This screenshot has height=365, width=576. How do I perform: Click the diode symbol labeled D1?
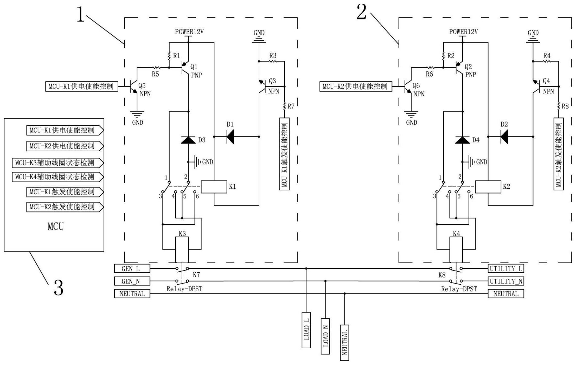pyautogui.click(x=230, y=137)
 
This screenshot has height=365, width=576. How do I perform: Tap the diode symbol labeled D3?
pyautogui.click(x=188, y=140)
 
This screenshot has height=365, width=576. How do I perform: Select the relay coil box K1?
pyautogui.click(x=214, y=187)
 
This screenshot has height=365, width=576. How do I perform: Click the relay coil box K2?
pyautogui.click(x=488, y=187)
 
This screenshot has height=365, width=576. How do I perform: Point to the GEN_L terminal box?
pyautogui.click(x=132, y=268)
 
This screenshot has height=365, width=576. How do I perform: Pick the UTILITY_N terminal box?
pyautogui.click(x=506, y=281)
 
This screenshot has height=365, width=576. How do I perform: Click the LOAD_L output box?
pyautogui.click(x=306, y=330)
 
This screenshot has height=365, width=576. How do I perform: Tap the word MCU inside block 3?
pyautogui.click(x=56, y=226)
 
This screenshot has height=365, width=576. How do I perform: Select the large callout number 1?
pyautogui.click(x=80, y=14)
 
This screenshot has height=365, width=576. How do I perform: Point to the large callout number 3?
pyautogui.click(x=59, y=287)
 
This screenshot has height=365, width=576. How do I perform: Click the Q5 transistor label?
pyautogui.click(x=142, y=86)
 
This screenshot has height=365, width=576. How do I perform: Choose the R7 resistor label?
pyautogui.click(x=291, y=106)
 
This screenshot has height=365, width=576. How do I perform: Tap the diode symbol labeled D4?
pyautogui.click(x=463, y=140)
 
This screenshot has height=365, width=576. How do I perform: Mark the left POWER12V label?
pyautogui.click(x=189, y=32)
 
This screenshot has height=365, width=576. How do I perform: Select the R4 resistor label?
pyautogui.click(x=547, y=56)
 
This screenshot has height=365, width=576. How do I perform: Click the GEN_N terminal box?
pyautogui.click(x=132, y=281)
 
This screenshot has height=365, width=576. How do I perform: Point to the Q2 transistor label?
pyautogui.click(x=468, y=67)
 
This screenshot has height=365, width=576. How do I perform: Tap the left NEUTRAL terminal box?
pyautogui.click(x=132, y=294)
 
